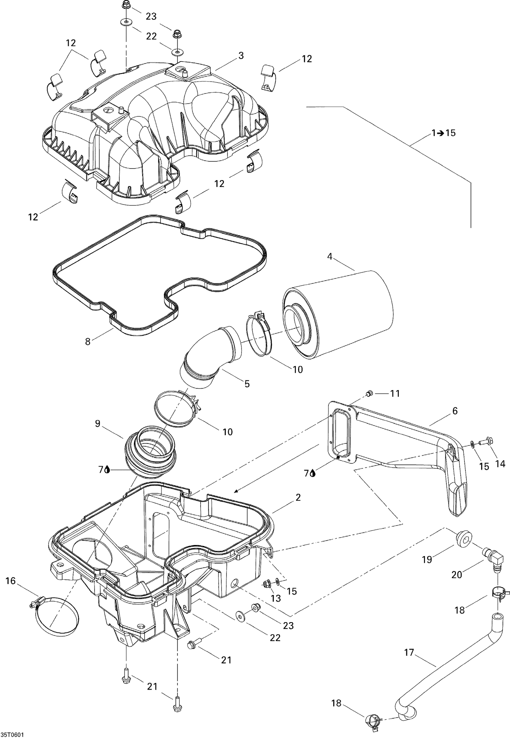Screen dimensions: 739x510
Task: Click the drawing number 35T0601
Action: point(12,734)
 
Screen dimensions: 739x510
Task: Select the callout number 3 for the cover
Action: point(241,56)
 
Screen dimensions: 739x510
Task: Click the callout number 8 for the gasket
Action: point(88,341)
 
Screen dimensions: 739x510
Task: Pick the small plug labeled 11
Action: point(369,393)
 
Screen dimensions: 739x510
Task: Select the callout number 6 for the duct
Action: point(455,411)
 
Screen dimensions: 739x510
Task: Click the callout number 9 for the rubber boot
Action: point(98,424)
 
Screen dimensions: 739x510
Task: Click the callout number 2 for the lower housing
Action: point(298,497)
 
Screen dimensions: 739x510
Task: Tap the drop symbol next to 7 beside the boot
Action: point(107,470)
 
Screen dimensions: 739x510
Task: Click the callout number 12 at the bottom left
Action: point(33,217)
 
